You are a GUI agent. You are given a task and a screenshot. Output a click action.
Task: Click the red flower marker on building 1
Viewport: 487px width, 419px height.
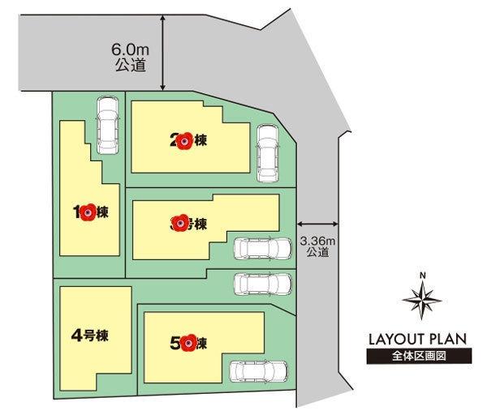coord(89,212)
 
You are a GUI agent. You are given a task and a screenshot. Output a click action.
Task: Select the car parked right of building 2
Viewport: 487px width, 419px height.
coord(267,154)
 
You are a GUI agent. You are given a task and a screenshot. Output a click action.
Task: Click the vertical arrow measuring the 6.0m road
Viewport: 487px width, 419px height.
coord(165,50)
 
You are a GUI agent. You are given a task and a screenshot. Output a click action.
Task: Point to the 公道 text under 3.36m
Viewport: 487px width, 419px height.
coord(317,252)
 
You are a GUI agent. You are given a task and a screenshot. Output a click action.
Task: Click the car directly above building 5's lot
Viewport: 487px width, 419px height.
coord(261,283)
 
